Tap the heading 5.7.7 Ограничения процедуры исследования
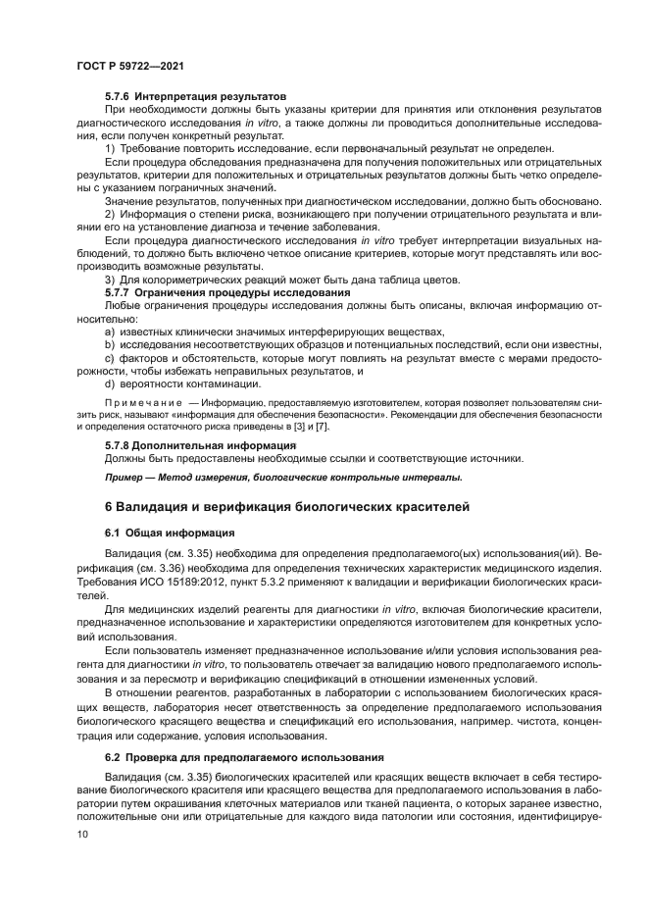pos(227,292)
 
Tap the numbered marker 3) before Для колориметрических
pos(110,280)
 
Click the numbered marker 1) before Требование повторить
pos(110,148)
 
